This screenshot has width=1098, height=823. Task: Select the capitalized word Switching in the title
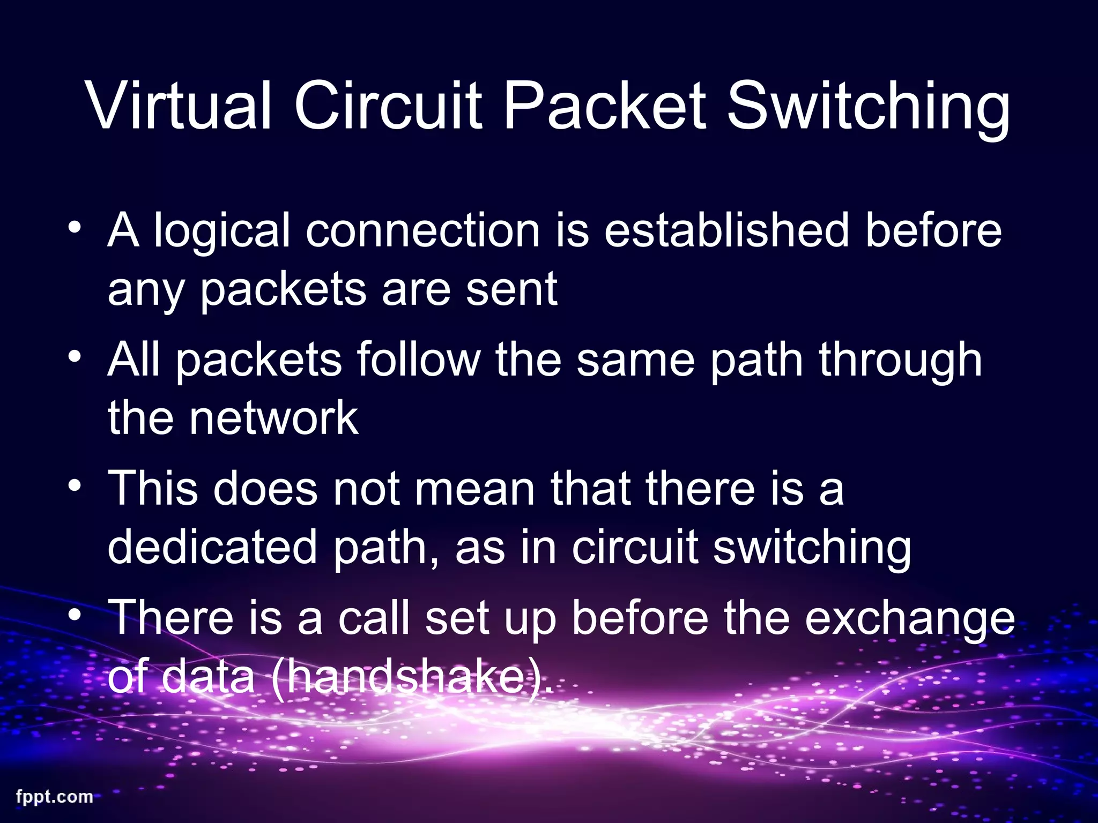click(869, 110)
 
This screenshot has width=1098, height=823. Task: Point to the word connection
click(423, 230)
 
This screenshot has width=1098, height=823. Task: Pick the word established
click(726, 230)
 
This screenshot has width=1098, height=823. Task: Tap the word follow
click(418, 360)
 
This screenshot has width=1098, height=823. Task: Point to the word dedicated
click(212, 547)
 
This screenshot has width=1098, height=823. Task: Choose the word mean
click(475, 489)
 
